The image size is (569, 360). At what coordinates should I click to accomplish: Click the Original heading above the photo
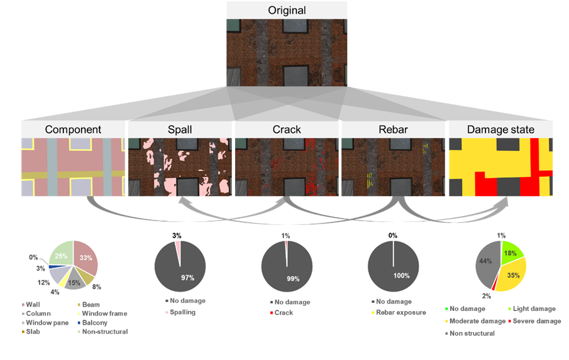[x=287, y=10]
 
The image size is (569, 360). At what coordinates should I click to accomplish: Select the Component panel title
[x=72, y=130]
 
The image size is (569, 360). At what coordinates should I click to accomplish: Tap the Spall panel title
[x=180, y=130]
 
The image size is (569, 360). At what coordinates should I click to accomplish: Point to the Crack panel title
[x=287, y=130]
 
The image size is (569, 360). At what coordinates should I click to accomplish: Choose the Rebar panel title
[x=393, y=130]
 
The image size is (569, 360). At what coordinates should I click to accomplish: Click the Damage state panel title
[x=501, y=130]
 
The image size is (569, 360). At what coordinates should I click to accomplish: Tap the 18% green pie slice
[x=511, y=253]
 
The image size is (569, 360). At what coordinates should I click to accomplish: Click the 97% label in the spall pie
[x=186, y=278]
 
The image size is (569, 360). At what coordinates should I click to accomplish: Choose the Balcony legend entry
[x=97, y=322]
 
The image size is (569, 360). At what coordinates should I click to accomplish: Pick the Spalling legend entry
[x=182, y=312]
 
